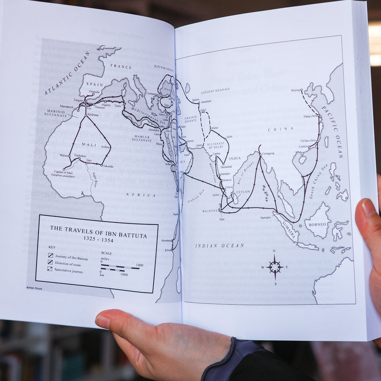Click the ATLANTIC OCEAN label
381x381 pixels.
[67, 72]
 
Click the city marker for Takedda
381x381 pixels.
[101, 165]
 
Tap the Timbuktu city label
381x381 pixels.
[79, 156]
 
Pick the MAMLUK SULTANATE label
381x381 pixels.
[142, 139]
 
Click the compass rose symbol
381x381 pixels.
[274, 267]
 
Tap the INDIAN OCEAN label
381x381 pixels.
[220, 246]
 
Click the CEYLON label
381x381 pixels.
[243, 192]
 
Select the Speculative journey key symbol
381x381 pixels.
[50, 270]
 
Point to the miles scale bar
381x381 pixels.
[120, 266]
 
